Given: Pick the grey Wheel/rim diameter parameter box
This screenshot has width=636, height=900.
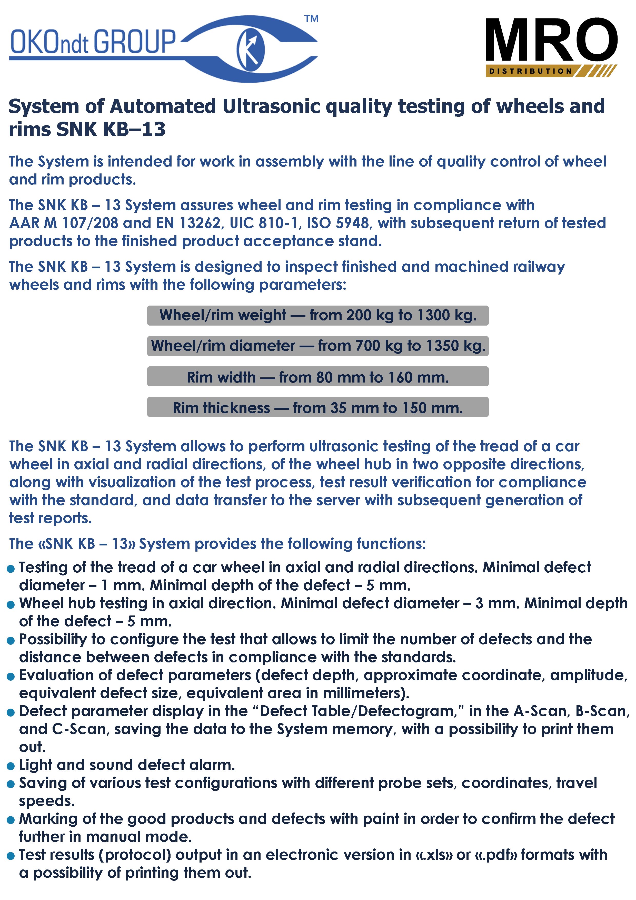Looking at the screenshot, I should tap(317, 346).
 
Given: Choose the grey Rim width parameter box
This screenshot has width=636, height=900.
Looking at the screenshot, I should tap(317, 377).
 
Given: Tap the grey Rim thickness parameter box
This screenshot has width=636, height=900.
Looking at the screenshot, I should tap(317, 407).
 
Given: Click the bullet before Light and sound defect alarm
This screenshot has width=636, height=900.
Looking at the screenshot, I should tap(11, 766).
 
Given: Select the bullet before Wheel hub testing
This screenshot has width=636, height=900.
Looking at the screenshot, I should tap(11, 604).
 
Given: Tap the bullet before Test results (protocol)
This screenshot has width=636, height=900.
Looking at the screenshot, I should tap(11, 856).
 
